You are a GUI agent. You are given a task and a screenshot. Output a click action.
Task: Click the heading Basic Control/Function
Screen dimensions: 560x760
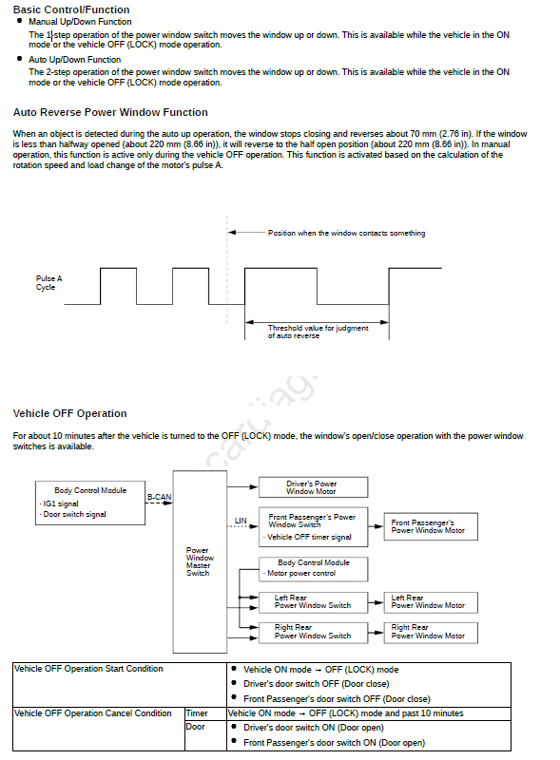click(x=71, y=9)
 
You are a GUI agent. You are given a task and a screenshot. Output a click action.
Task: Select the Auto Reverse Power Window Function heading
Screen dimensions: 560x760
click(x=110, y=112)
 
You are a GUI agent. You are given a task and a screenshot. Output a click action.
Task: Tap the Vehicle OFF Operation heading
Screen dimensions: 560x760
click(x=69, y=413)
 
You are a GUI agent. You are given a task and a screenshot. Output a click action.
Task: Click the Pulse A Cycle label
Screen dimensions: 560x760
click(x=49, y=282)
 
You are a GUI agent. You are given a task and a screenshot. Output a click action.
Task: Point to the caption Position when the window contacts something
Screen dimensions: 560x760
click(x=346, y=233)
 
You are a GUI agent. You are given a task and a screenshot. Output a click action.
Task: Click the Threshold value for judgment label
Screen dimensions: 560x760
click(x=318, y=328)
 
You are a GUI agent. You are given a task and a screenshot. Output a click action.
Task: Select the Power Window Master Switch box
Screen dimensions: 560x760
click(x=200, y=561)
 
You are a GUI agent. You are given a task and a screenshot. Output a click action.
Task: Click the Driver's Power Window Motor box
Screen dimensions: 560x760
click(x=313, y=487)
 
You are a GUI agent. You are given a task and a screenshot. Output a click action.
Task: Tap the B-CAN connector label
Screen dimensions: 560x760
click(x=159, y=497)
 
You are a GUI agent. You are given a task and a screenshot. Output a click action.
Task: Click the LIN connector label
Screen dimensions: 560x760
click(x=241, y=521)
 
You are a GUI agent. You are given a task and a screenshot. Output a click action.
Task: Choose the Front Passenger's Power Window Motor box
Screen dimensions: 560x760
click(x=431, y=526)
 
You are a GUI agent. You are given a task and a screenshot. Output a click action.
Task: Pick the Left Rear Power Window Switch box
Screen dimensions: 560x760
click(x=313, y=602)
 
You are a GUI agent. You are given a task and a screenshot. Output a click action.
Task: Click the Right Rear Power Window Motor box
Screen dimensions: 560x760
click(x=431, y=633)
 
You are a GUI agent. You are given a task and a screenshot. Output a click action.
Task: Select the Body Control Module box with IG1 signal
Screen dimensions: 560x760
click(x=90, y=503)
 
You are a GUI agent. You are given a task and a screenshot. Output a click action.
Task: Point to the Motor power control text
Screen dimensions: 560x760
click(x=301, y=574)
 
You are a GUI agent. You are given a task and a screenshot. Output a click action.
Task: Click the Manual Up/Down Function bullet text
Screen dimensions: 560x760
click(x=80, y=22)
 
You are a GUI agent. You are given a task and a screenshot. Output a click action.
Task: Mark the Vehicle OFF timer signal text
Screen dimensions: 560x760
click(x=309, y=537)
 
